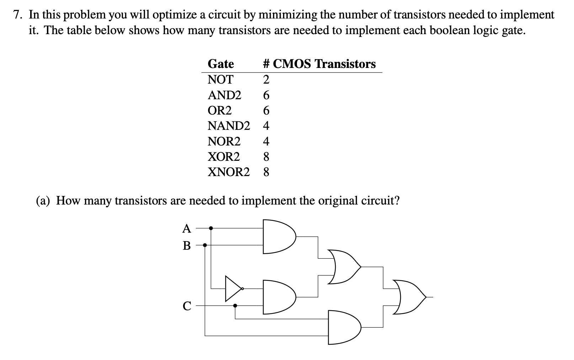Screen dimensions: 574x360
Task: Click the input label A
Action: [187, 229]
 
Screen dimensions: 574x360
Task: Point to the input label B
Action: [187, 245]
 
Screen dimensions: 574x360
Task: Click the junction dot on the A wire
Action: [211, 228]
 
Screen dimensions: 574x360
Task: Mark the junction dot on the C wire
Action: [235, 305]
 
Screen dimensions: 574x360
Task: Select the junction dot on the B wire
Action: [205, 245]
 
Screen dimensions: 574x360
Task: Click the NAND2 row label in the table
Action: [229, 126]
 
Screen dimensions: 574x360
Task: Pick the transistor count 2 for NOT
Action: [266, 80]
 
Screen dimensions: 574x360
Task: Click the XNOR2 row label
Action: [229, 172]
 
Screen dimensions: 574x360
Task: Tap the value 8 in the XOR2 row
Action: [266, 157]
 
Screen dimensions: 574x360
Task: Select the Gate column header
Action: [221, 64]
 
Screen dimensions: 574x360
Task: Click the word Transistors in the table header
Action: [345, 64]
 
